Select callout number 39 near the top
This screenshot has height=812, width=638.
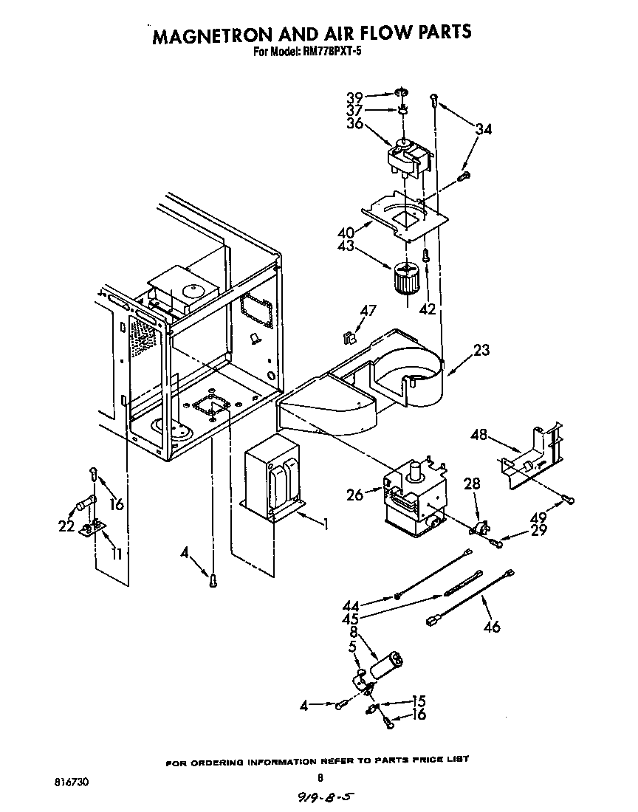355,97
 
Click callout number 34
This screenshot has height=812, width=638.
483,129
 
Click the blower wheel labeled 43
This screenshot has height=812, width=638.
403,279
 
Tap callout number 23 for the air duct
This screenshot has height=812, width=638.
481,350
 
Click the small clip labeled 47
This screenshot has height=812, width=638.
349,339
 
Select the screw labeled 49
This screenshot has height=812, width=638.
567,499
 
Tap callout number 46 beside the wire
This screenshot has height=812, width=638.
491,627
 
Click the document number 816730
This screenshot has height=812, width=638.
73,780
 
